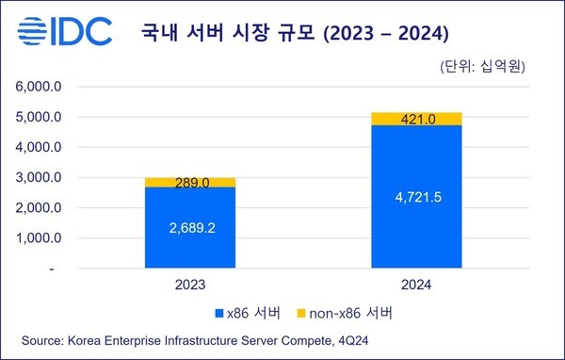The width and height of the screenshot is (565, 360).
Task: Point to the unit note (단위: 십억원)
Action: click(x=481, y=67)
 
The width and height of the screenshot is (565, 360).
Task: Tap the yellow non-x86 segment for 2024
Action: click(x=416, y=119)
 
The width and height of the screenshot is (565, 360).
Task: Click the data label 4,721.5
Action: click(x=416, y=199)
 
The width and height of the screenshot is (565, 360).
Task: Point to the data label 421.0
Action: click(x=416, y=119)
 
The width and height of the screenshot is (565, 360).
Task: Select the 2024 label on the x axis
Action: click(x=416, y=282)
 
